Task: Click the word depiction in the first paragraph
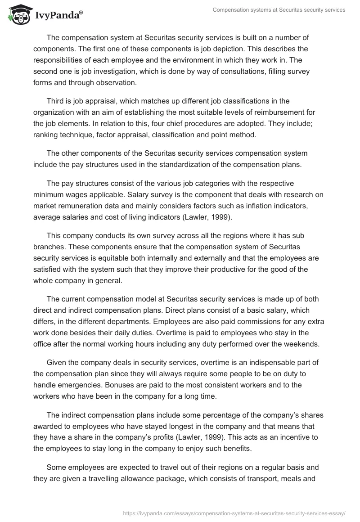pyautogui.click(x=236, y=48)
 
